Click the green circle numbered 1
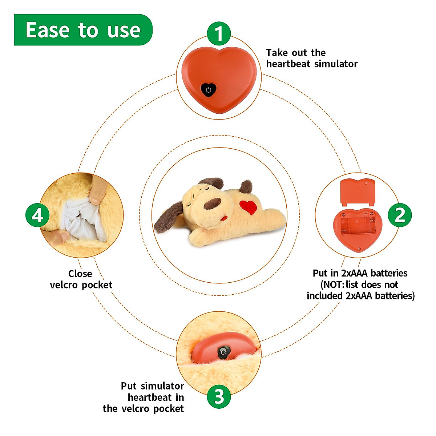[219, 34]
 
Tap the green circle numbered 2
[400, 215]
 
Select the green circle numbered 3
[219, 396]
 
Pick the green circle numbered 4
[37, 215]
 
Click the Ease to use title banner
[83, 30]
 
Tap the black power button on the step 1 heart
[209, 89]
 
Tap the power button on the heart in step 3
[223, 352]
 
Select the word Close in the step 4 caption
[80, 274]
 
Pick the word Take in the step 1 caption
[276, 53]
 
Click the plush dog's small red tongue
[224, 218]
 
